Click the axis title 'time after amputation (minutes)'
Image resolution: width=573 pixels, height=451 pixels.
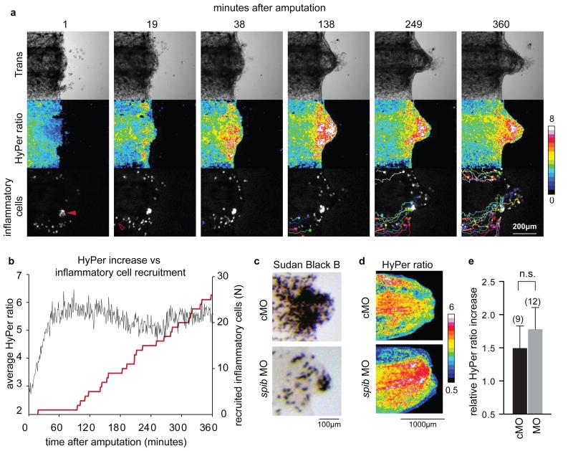click(x=117, y=441)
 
